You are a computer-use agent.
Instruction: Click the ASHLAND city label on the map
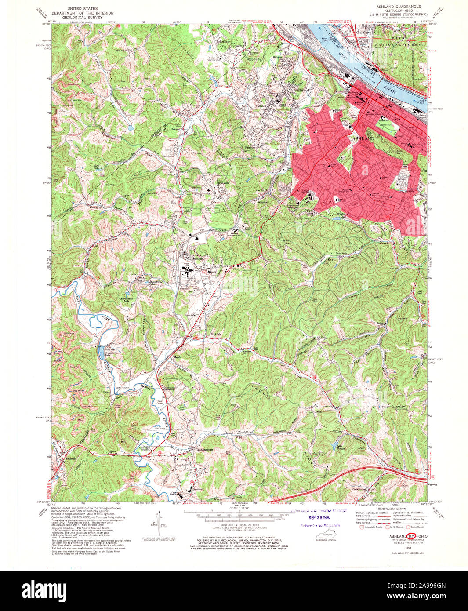coord(363,138)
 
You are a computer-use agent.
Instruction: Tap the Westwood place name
coord(301,90)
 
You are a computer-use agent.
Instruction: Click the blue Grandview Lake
coord(102,347)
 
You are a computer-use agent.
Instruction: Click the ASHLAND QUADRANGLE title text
coord(398,7)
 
